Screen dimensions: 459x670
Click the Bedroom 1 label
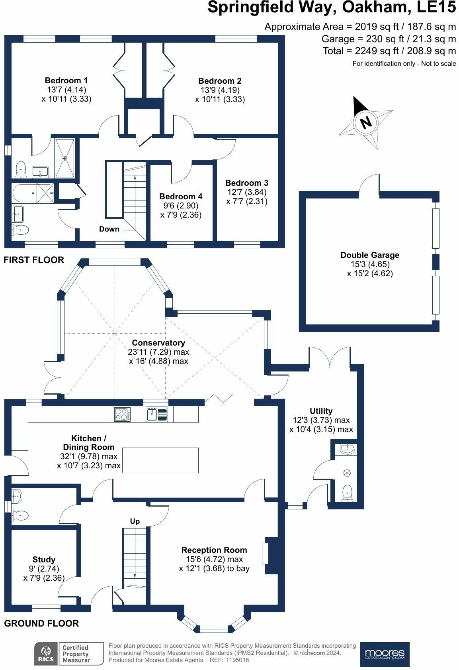[x=66, y=81]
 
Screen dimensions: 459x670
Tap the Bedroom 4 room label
[x=181, y=196]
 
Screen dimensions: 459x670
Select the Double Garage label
[x=370, y=255]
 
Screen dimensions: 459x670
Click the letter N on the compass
[x=365, y=122]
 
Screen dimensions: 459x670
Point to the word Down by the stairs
[x=109, y=229]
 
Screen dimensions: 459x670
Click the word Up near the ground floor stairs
[x=135, y=521]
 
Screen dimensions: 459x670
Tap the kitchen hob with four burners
[x=122, y=415]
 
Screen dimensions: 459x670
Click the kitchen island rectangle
[x=160, y=460]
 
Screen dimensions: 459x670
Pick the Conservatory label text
[x=158, y=343]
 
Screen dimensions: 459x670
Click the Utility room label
[x=321, y=411]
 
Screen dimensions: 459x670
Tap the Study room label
[x=44, y=560]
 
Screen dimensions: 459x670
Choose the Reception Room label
[x=214, y=550]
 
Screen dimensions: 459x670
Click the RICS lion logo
[x=46, y=654]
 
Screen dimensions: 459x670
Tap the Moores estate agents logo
[x=385, y=654]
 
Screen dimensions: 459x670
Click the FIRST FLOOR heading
[x=34, y=260]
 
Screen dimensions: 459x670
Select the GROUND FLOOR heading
[x=41, y=623]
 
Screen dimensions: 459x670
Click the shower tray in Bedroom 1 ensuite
[x=64, y=158]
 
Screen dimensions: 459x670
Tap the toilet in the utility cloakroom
[x=347, y=492]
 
